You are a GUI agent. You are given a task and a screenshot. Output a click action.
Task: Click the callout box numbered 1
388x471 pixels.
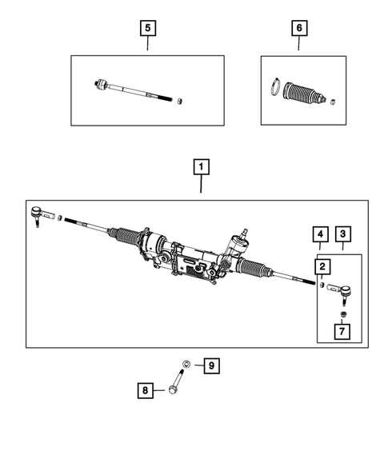[x=200, y=167]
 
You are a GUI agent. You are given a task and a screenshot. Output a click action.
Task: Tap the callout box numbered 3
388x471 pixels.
[x=342, y=234]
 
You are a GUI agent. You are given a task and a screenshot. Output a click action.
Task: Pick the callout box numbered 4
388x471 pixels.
[x=319, y=234]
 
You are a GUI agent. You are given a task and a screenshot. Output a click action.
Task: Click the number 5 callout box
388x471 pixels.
[x=147, y=28]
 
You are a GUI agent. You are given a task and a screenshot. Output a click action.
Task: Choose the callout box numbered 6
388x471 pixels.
[x=299, y=28]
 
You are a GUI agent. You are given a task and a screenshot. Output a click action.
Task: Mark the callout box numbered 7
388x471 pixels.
[x=341, y=330]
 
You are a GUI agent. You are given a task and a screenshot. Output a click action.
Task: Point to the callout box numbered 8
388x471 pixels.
[x=145, y=390]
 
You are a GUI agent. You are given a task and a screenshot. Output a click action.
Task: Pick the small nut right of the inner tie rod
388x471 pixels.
[x=182, y=100]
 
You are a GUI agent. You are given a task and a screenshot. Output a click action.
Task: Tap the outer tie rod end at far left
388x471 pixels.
[x=38, y=214]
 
